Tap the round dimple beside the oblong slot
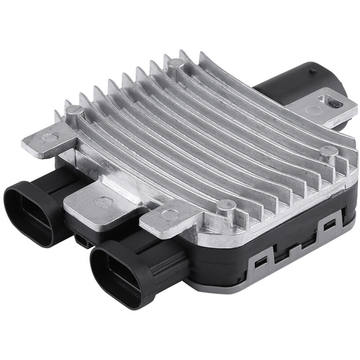[310, 109]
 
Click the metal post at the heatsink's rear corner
[176, 63]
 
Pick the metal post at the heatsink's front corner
[225, 206]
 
